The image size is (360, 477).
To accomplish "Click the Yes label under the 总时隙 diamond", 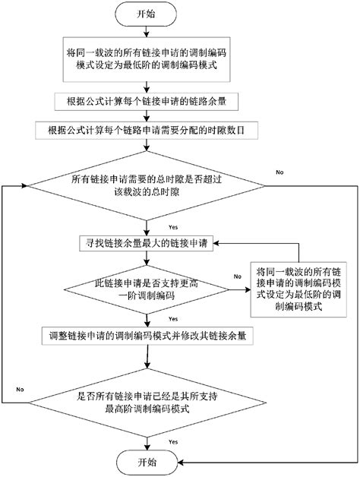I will pos(173,227).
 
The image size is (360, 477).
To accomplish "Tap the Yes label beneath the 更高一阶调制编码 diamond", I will pos(173,318).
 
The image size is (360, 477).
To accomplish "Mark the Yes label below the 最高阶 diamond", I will pos(173,441).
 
